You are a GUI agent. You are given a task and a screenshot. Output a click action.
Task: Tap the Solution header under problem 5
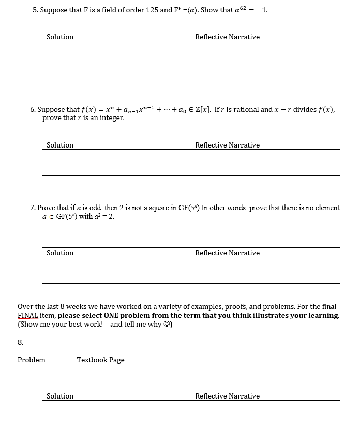tap(60, 37)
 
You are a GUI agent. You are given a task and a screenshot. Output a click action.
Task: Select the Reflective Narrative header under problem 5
tap(227, 37)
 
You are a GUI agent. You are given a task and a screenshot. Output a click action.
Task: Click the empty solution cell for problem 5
tap(116, 54)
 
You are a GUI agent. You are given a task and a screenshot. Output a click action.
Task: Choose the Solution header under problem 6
tap(60, 145)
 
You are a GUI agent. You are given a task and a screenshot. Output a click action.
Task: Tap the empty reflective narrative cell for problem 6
tap(265, 163)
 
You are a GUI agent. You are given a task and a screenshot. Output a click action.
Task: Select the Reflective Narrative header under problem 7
tap(227, 253)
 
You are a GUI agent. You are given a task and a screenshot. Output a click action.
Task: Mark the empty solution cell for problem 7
tap(116, 270)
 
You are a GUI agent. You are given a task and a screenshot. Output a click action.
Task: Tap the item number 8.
tap(20, 342)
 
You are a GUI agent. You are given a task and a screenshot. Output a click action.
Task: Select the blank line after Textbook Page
tap(137, 361)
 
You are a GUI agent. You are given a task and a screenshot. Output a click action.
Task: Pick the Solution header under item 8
tap(60, 396)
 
